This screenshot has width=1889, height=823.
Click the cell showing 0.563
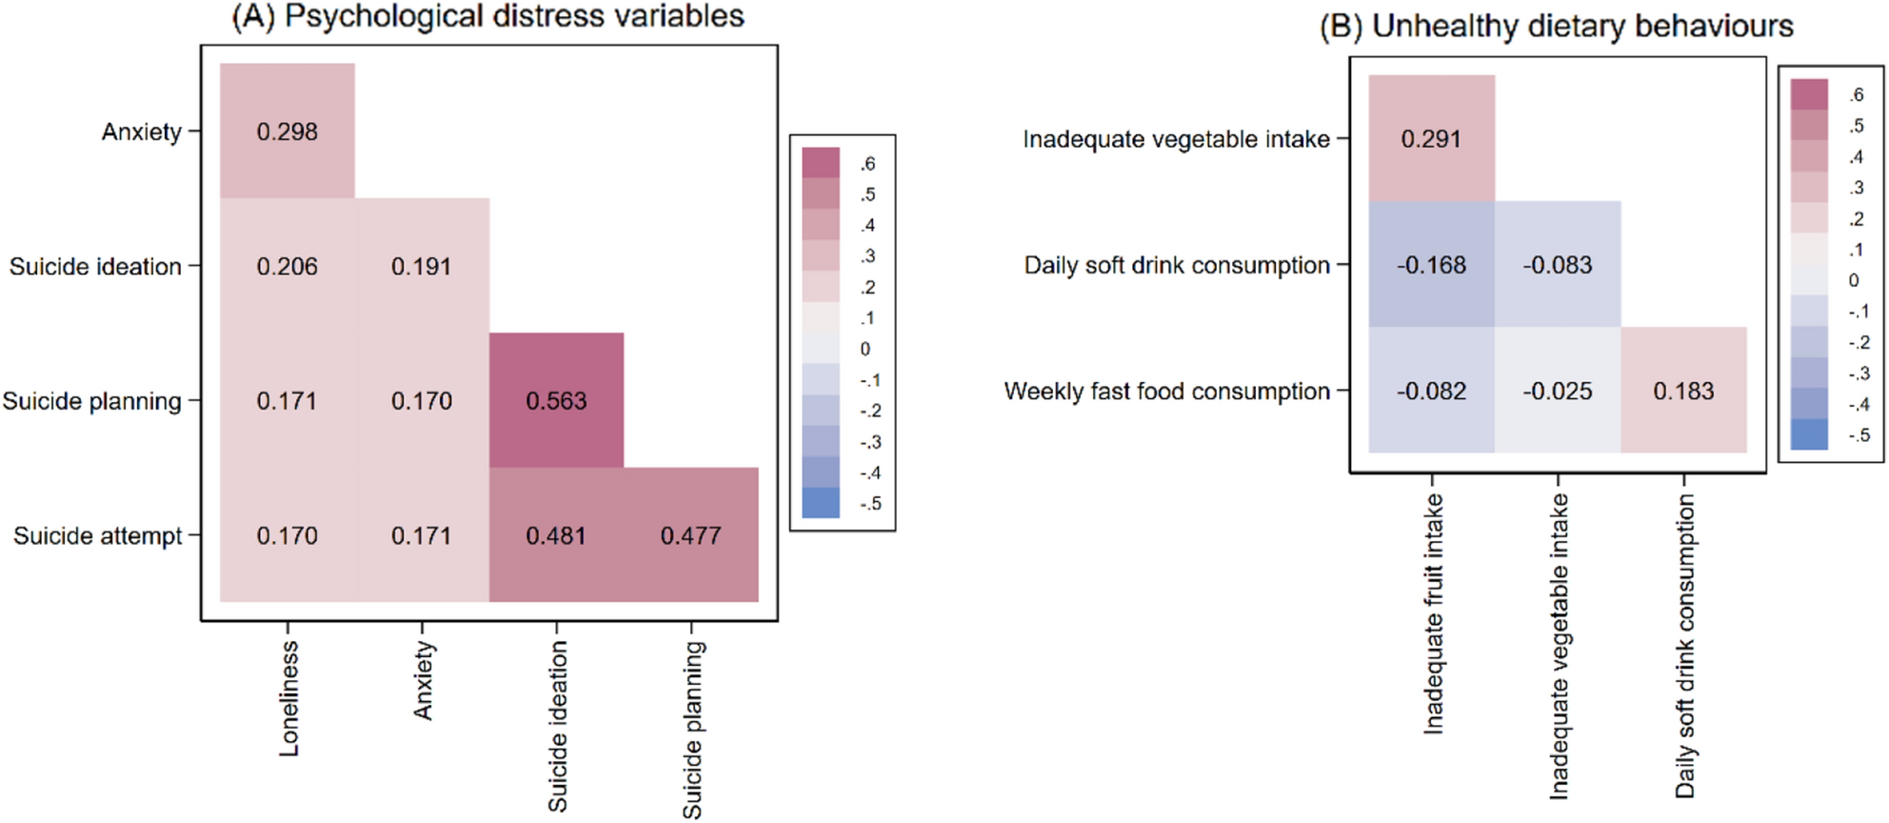pyautogui.click(x=556, y=401)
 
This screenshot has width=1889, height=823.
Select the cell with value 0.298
pyautogui.click(x=287, y=131)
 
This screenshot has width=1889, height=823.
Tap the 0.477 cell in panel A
pyautogui.click(x=690, y=535)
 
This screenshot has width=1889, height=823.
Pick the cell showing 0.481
pyautogui.click(x=556, y=535)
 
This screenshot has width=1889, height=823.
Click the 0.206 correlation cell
pyautogui.click(x=287, y=267)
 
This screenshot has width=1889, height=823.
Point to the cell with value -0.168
pyautogui.click(x=1431, y=265)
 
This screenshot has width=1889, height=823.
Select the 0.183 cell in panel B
pyautogui.click(x=1683, y=391)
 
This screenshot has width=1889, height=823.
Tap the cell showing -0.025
pyautogui.click(x=1557, y=391)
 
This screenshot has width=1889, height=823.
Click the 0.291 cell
pyautogui.click(x=1431, y=139)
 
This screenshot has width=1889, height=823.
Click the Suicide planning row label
pyautogui.click(x=91, y=401)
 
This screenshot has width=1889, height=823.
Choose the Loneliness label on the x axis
pyautogui.click(x=289, y=699)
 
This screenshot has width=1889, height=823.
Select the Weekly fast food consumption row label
pyautogui.click(x=1166, y=391)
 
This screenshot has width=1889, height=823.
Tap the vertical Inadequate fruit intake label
pyautogui.click(x=1433, y=614)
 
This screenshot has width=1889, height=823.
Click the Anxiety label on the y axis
pyautogui.click(x=141, y=131)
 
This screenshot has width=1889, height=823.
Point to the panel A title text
pyautogui.click(x=488, y=16)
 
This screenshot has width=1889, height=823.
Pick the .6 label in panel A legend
pyautogui.click(x=867, y=164)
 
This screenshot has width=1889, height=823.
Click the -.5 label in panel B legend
pyautogui.click(x=1859, y=435)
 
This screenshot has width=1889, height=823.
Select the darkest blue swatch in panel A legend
pyautogui.click(x=821, y=503)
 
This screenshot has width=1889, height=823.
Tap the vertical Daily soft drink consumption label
pyautogui.click(x=1685, y=646)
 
